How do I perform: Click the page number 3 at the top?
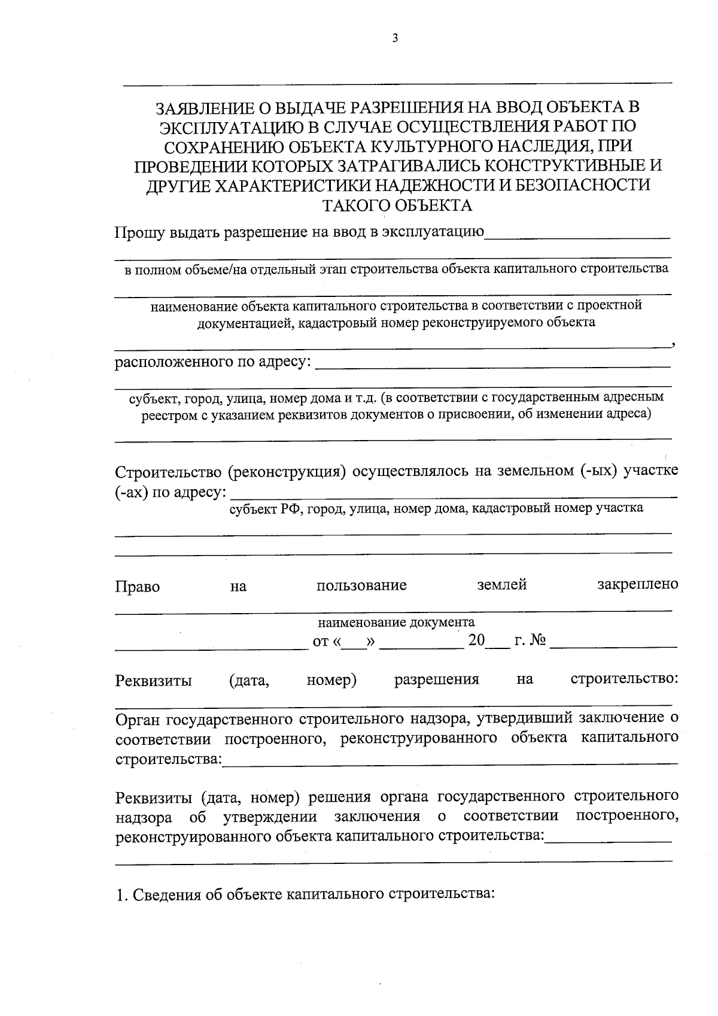click(x=395, y=39)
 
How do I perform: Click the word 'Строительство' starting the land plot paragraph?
click(x=168, y=472)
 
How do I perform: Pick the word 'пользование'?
click(x=361, y=586)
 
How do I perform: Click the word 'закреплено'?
click(x=637, y=585)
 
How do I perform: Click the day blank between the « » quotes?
click(x=354, y=642)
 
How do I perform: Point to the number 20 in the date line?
click(x=476, y=641)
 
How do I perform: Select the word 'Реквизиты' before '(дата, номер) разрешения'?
click(x=154, y=681)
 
